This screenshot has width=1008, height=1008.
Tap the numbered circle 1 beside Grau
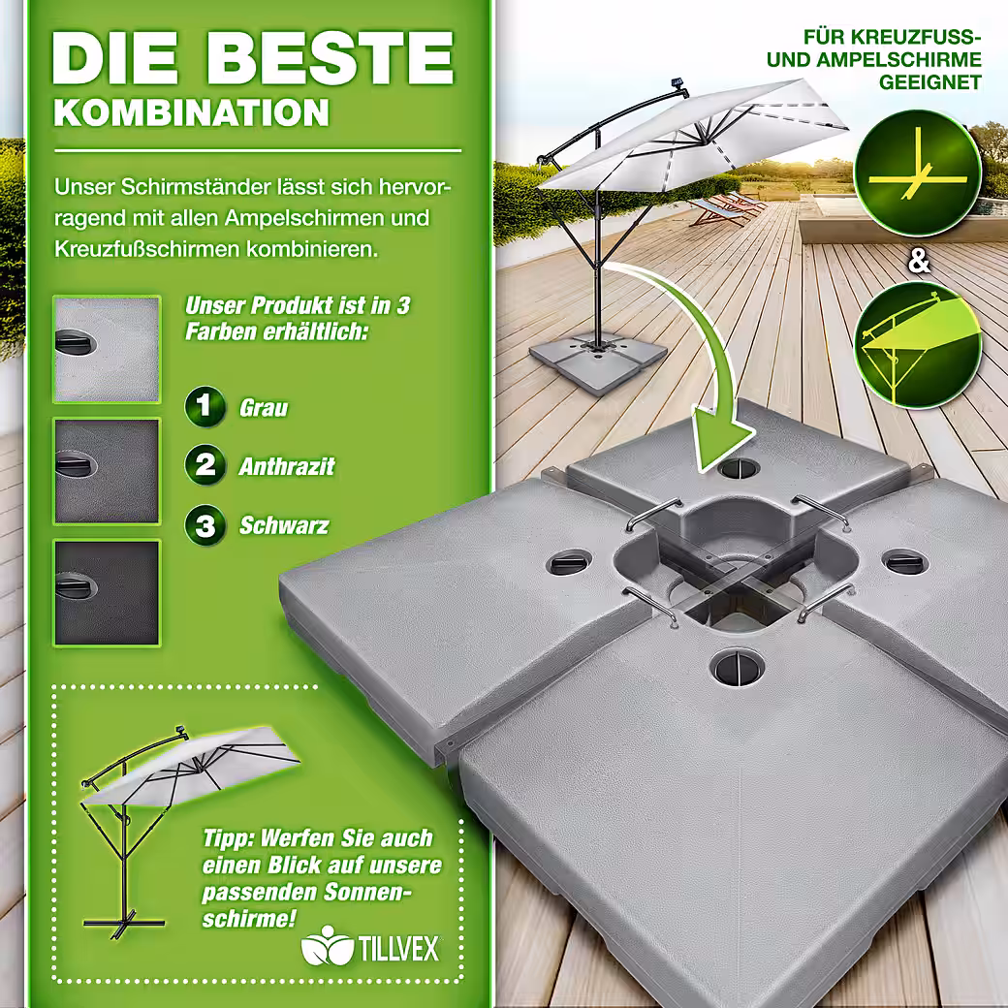[205, 406]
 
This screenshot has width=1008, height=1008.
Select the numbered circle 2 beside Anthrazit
[205, 465]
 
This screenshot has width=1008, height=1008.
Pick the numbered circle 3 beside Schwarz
[205, 524]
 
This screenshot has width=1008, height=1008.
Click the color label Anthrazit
[287, 466]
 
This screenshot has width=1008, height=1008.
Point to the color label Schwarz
[284, 525]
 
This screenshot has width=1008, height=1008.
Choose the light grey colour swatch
[107, 350]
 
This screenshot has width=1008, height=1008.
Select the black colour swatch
[107, 593]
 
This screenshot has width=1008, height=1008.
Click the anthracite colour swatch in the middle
[107, 471]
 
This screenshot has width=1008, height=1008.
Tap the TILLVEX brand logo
[370, 949]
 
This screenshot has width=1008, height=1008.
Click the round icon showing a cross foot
[918, 173]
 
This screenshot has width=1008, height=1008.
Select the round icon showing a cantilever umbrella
[918, 345]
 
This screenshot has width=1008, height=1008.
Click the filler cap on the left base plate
[570, 563]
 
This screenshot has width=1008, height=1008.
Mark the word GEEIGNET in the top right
[930, 83]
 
